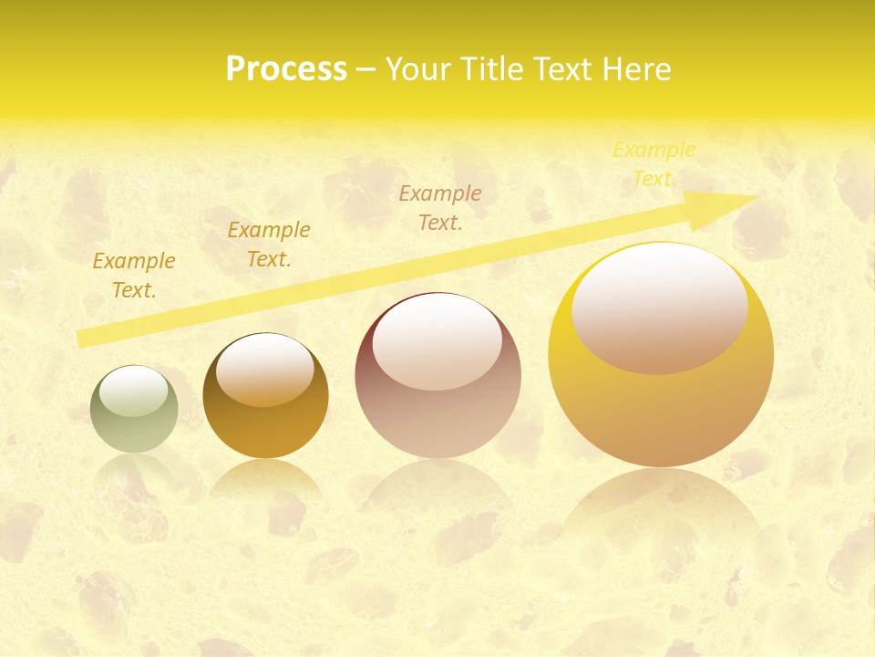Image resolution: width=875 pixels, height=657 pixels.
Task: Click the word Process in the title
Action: coord(286,69)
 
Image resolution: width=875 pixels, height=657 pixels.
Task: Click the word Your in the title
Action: coord(420,69)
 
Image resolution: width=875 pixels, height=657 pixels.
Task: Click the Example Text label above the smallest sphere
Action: coord(134,276)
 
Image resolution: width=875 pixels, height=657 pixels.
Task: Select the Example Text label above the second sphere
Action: coord(269,245)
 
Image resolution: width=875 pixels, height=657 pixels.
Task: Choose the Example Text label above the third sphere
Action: coord(440,208)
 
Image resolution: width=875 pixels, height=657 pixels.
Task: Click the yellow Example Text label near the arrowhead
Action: coord(654,164)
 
